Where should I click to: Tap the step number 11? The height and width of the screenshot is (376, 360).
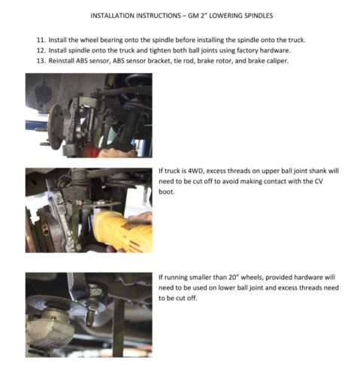41,40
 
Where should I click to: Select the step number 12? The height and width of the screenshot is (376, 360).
41,50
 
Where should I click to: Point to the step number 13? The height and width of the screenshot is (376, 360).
41,61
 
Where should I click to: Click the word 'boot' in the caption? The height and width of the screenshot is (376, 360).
166,192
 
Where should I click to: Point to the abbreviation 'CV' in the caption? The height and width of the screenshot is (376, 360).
319,181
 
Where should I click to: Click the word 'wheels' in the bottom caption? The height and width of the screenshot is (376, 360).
252,277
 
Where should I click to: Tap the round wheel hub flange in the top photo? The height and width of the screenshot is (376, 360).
56,126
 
